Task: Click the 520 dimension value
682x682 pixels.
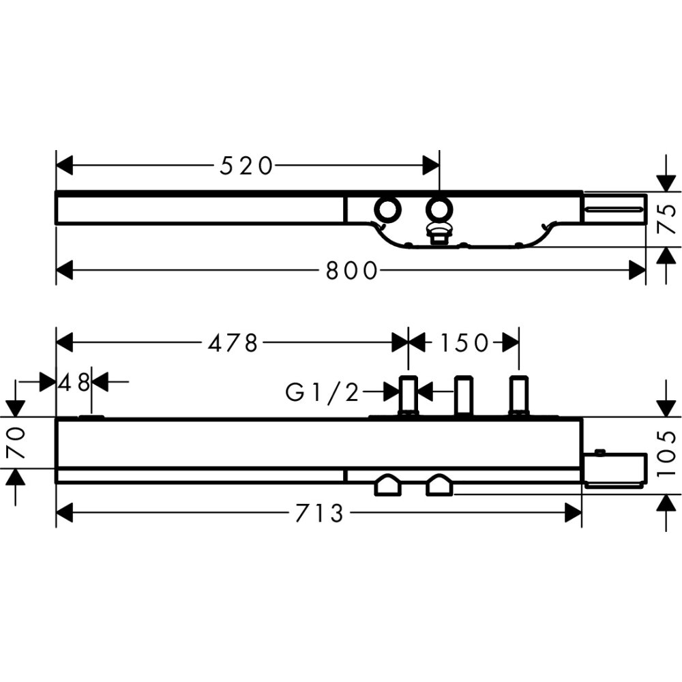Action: click(247, 166)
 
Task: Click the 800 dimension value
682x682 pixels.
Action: click(351, 271)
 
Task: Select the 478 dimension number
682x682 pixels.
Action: click(233, 343)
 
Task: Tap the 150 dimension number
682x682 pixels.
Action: click(464, 343)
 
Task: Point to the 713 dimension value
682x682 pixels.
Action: click(320, 514)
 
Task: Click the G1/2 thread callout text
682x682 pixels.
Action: click(323, 393)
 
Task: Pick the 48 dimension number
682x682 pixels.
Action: click(74, 383)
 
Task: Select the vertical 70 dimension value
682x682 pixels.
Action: click(16, 443)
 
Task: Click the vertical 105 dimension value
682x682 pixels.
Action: click(666, 454)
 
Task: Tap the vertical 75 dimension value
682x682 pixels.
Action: click(666, 219)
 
